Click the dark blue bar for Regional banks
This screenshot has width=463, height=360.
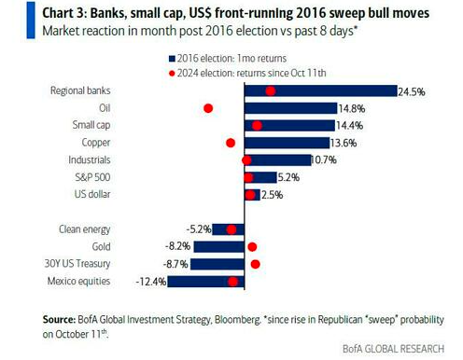click(321, 91)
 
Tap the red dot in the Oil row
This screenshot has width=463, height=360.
click(208, 108)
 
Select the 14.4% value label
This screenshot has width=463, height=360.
click(349, 126)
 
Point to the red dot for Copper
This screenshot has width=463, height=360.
click(231, 143)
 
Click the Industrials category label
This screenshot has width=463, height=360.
click(90, 159)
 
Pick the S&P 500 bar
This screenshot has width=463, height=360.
click(260, 177)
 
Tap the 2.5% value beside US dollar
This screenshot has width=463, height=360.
click(272, 195)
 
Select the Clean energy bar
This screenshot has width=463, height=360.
click(229, 229)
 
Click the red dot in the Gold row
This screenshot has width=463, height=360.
click(252, 247)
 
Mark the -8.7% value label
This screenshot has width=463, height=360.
click(175, 264)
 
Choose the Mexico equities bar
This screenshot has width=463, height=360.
click(206, 282)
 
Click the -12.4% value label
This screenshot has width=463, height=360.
click(151, 282)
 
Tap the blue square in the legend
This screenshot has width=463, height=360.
click(172, 59)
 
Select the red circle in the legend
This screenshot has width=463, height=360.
click(172, 74)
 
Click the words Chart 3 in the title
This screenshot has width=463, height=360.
click(63, 13)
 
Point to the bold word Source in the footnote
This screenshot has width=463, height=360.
click(59, 319)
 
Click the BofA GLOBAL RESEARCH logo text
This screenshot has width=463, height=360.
click(393, 349)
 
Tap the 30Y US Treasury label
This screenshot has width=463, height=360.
click(77, 264)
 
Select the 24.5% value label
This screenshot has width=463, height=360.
click(412, 91)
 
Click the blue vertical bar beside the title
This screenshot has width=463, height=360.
click(31, 21)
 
